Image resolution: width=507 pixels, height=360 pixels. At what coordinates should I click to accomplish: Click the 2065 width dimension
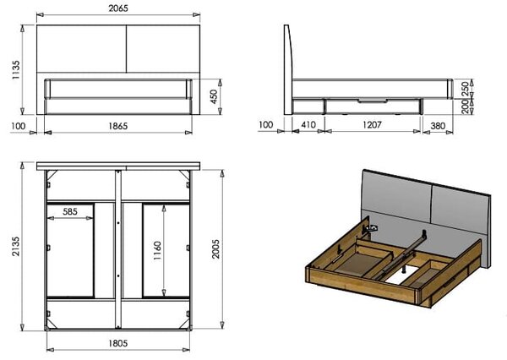(x=118, y=8)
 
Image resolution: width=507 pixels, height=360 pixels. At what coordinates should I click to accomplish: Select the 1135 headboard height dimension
(x=15, y=70)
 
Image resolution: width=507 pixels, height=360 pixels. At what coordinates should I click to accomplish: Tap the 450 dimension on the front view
(x=214, y=96)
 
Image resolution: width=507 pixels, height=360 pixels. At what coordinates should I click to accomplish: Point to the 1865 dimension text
(x=117, y=126)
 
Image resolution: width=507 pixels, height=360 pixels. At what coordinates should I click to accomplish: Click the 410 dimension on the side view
(x=308, y=124)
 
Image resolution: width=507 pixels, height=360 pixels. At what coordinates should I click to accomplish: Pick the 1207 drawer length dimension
(x=372, y=124)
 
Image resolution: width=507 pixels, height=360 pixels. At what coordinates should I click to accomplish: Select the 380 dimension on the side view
(x=438, y=126)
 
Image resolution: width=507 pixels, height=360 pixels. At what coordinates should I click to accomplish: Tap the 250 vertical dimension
(x=465, y=89)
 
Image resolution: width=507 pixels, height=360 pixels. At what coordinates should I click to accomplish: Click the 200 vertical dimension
(x=465, y=106)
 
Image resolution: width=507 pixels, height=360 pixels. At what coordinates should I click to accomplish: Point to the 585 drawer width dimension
(x=70, y=211)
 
